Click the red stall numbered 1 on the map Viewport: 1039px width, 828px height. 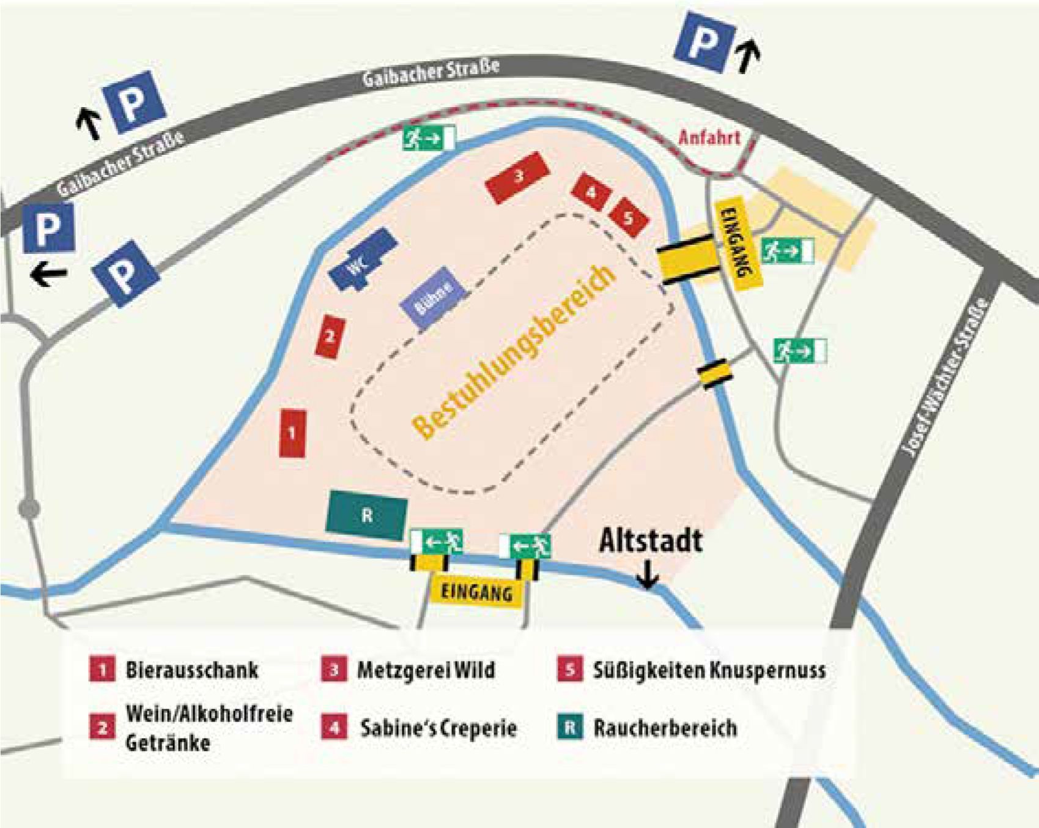click(292, 433)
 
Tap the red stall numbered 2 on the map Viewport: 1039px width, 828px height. click(330, 336)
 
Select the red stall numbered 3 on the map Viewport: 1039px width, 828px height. click(517, 176)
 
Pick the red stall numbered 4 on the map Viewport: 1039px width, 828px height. click(591, 192)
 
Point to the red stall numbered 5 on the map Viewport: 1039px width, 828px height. click(628, 217)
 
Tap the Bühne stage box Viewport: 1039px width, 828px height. click(434, 298)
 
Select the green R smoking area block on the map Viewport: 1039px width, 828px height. click(367, 515)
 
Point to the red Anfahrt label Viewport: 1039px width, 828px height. click(709, 138)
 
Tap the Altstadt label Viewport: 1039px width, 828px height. click(650, 541)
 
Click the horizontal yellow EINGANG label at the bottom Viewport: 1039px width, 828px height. click(476, 592)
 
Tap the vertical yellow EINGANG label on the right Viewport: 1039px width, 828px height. click(739, 242)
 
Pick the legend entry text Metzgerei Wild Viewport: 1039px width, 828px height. click(426, 669)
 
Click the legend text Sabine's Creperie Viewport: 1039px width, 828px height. click(438, 728)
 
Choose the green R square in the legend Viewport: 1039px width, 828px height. click(569, 728)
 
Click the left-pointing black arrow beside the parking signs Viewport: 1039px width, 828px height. click(48, 274)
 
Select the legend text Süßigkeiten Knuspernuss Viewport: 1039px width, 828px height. click(709, 670)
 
